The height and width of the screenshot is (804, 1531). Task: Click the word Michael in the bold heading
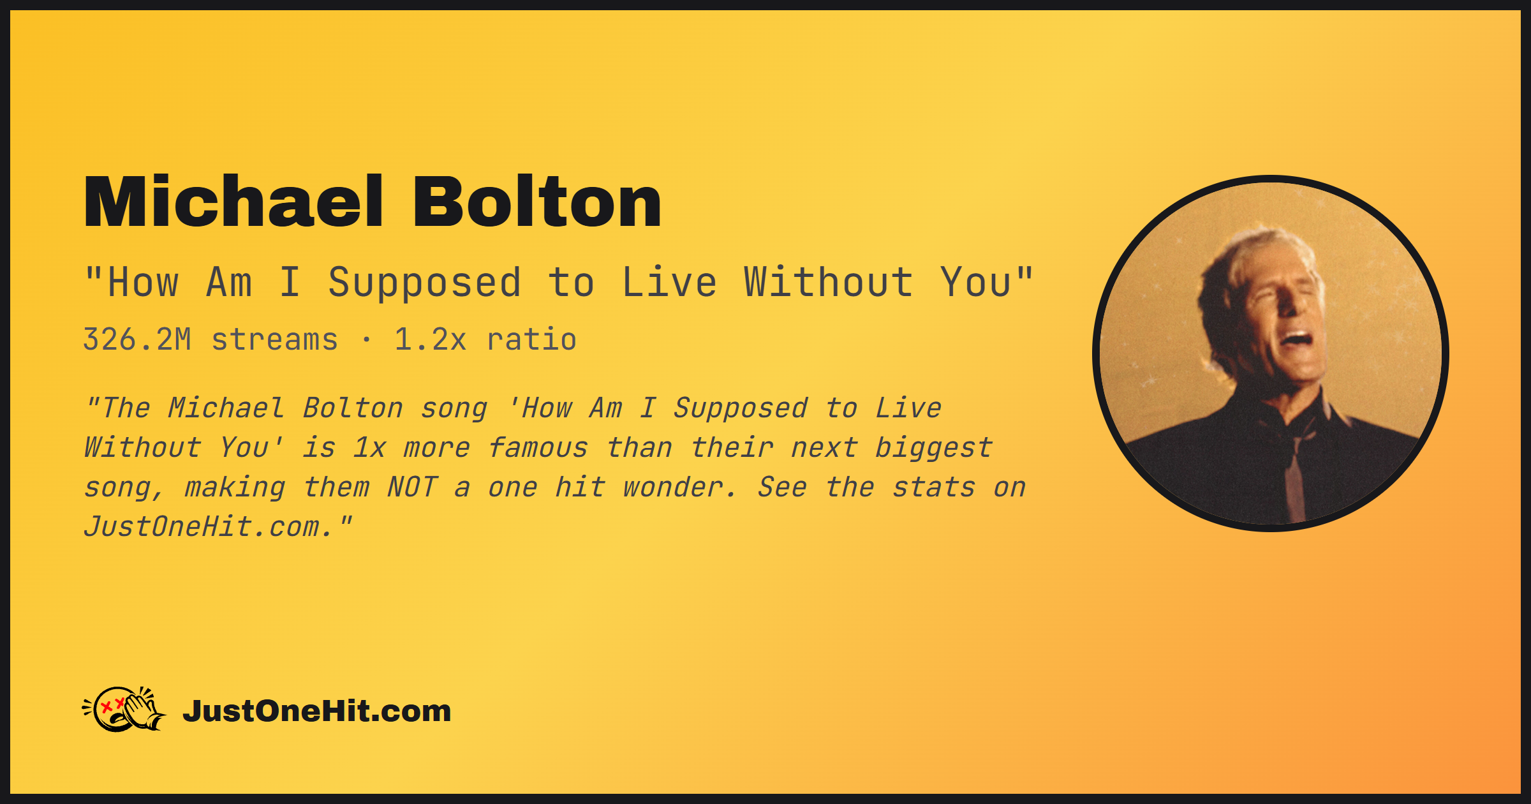pyautogui.click(x=233, y=201)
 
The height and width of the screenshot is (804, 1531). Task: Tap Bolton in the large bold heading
pyautogui.click(x=537, y=201)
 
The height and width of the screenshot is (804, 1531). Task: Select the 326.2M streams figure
pyautogui.click(x=211, y=339)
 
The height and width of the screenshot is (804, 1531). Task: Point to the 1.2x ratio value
pyautogui.click(x=485, y=339)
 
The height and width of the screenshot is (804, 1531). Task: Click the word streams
pyautogui.click(x=275, y=340)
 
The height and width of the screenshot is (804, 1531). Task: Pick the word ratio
pyautogui.click(x=532, y=339)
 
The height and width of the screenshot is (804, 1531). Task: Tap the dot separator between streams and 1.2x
pyautogui.click(x=366, y=340)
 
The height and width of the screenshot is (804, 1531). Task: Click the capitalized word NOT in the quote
pyautogui.click(x=412, y=488)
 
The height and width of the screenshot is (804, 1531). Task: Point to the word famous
pyautogui.click(x=538, y=448)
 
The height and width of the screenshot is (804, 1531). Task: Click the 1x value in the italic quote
pyautogui.click(x=369, y=448)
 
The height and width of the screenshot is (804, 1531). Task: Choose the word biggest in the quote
pyautogui.click(x=933, y=448)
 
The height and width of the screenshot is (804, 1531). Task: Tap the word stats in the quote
pyautogui.click(x=933, y=488)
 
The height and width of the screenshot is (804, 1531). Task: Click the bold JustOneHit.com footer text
pyautogui.click(x=317, y=711)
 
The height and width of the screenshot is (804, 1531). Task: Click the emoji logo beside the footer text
pyautogui.click(x=124, y=709)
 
